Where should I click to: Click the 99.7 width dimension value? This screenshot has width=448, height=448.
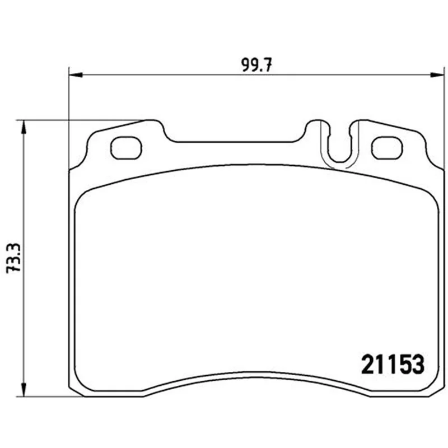257,65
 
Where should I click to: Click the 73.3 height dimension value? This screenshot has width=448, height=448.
14,258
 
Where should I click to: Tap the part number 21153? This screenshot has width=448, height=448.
393,365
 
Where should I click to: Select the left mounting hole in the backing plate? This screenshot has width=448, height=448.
126,148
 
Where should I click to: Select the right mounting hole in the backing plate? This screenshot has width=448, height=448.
387,148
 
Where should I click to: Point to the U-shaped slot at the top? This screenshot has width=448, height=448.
339,160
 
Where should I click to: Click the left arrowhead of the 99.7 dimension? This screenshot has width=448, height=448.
76,75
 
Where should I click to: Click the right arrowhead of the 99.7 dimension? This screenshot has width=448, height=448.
438,75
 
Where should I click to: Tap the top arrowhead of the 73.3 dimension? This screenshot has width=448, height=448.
24,127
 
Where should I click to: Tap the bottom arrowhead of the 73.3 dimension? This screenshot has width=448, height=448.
24,390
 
